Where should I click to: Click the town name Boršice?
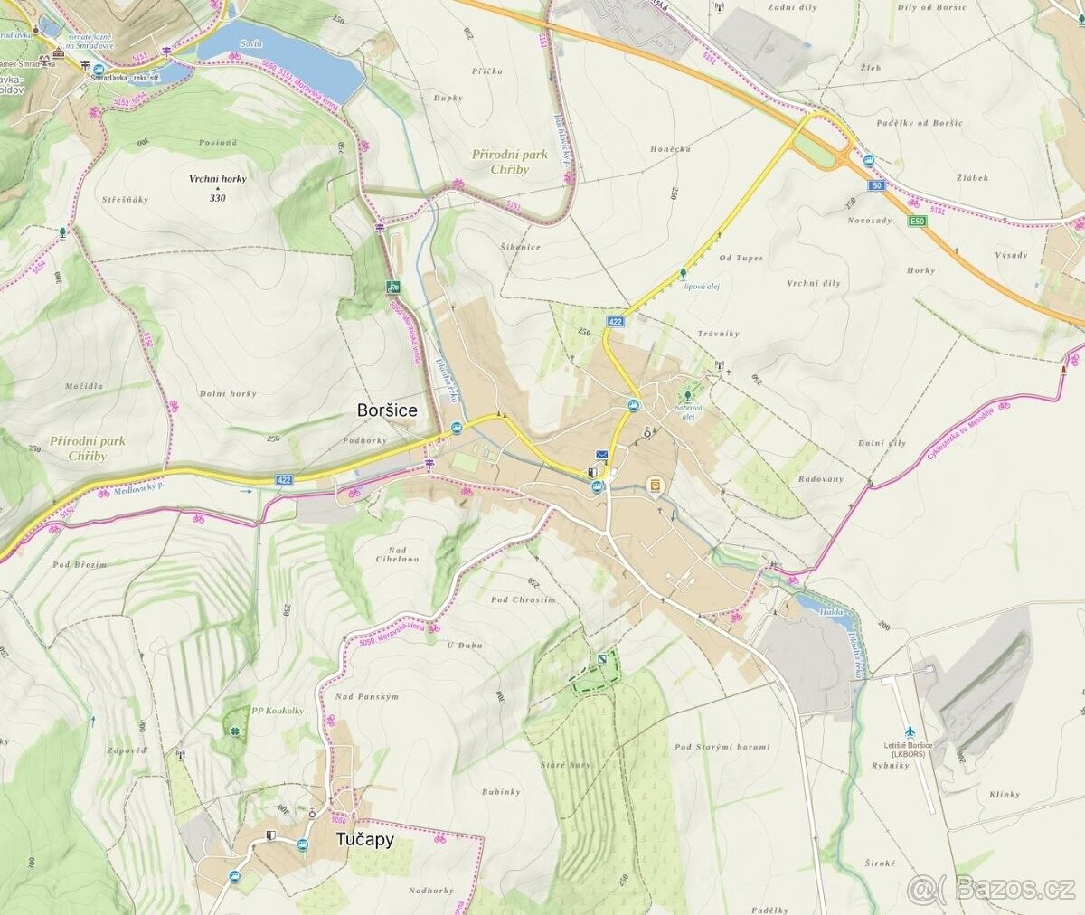[x=387, y=410]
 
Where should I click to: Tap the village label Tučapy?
[x=364, y=840]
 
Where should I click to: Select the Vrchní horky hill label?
[x=217, y=179]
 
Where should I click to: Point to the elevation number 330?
[x=217, y=198]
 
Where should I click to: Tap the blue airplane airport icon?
[x=909, y=731]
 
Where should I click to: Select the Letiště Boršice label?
[x=909, y=749]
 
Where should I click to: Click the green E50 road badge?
[x=919, y=221]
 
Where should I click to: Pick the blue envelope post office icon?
[x=602, y=455]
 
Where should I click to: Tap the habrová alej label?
[x=688, y=412]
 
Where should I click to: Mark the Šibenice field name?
[x=520, y=247]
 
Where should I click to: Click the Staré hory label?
[x=565, y=765]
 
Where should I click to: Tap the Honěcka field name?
[x=670, y=148]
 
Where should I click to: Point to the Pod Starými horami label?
[x=722, y=747]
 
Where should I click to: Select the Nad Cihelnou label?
[x=397, y=554]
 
